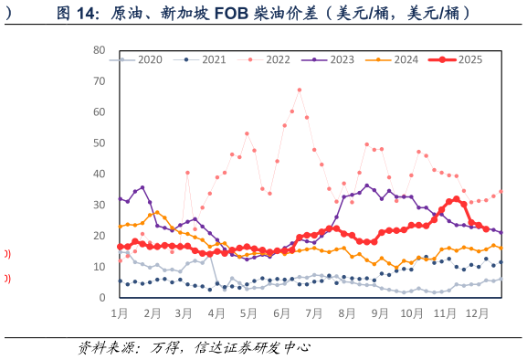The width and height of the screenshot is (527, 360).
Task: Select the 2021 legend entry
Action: point(207,59)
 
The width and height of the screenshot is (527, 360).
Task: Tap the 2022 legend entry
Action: point(271,59)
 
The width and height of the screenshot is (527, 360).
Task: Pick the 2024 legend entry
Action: point(399,59)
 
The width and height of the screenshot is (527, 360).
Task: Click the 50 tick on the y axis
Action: point(100,143)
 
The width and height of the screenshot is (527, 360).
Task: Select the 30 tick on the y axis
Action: point(100,205)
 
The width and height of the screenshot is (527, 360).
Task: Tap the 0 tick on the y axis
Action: point(102,298)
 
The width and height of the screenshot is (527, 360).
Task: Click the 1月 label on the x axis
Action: point(120,313)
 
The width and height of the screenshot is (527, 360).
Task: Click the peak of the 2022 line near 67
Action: point(299,90)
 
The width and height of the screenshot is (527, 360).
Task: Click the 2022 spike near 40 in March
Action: point(187,172)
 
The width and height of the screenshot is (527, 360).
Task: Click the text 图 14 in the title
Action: point(77,13)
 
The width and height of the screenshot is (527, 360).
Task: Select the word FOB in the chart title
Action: point(234,13)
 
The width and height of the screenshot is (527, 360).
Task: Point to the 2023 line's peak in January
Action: point(142,187)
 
